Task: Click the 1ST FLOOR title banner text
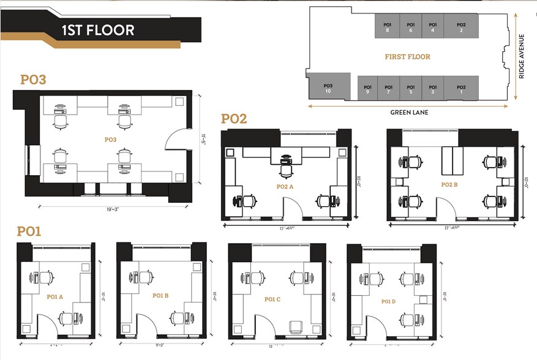97,30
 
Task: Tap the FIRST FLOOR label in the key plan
407,57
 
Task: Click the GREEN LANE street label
408,113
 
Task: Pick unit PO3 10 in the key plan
328,88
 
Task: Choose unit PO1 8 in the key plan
387,27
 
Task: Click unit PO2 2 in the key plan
461,27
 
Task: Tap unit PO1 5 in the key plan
410,89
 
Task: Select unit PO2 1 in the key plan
461,89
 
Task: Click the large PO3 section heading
33,80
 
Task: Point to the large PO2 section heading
233,119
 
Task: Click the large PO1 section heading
29,231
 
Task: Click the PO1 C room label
272,299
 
